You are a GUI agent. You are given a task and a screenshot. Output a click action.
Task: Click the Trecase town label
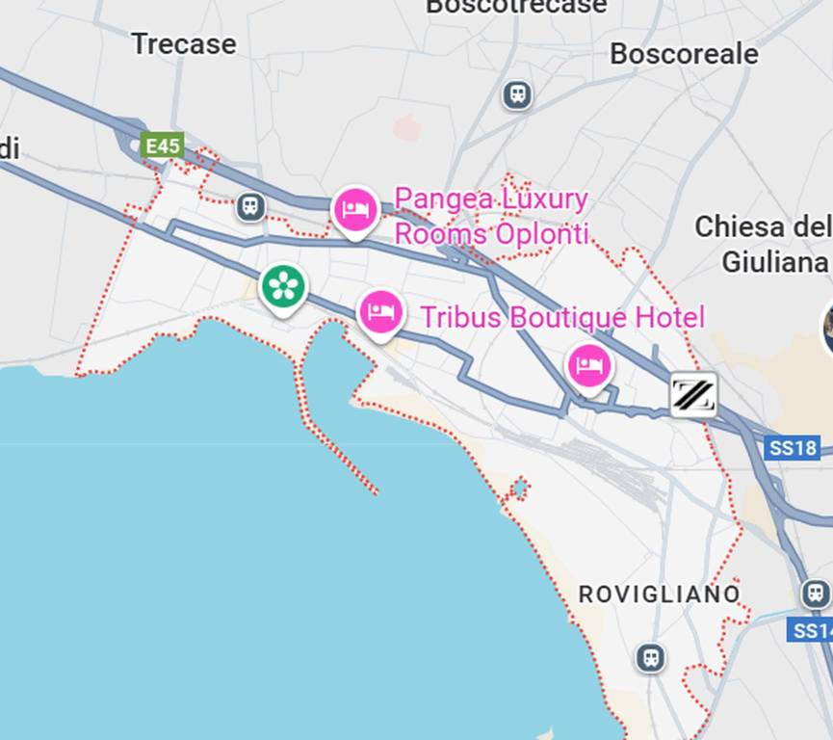(183, 44)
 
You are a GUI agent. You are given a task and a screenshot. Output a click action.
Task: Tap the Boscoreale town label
(684, 54)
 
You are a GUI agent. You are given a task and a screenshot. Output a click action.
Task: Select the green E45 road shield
(162, 145)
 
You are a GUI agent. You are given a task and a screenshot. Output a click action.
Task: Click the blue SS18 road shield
(794, 448)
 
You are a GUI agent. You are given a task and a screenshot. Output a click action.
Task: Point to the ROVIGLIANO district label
(660, 595)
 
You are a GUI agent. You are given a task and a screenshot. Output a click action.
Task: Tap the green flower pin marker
(283, 286)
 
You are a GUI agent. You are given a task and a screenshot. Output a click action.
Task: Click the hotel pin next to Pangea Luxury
(354, 210)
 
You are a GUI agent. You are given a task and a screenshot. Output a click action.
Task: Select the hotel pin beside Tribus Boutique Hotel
(381, 312)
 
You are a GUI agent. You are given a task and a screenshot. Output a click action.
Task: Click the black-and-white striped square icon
(693, 394)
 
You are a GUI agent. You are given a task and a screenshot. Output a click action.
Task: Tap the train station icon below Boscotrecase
(517, 95)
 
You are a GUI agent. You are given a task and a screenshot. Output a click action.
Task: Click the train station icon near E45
(250, 205)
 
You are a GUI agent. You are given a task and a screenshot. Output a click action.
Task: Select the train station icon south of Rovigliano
(651, 658)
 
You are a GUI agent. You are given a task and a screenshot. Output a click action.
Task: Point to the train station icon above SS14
(815, 594)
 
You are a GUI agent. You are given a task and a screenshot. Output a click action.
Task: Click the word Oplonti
(541, 234)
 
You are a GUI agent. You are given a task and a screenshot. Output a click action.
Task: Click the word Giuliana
(774, 261)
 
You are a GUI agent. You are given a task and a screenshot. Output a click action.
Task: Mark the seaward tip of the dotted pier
(375, 492)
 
